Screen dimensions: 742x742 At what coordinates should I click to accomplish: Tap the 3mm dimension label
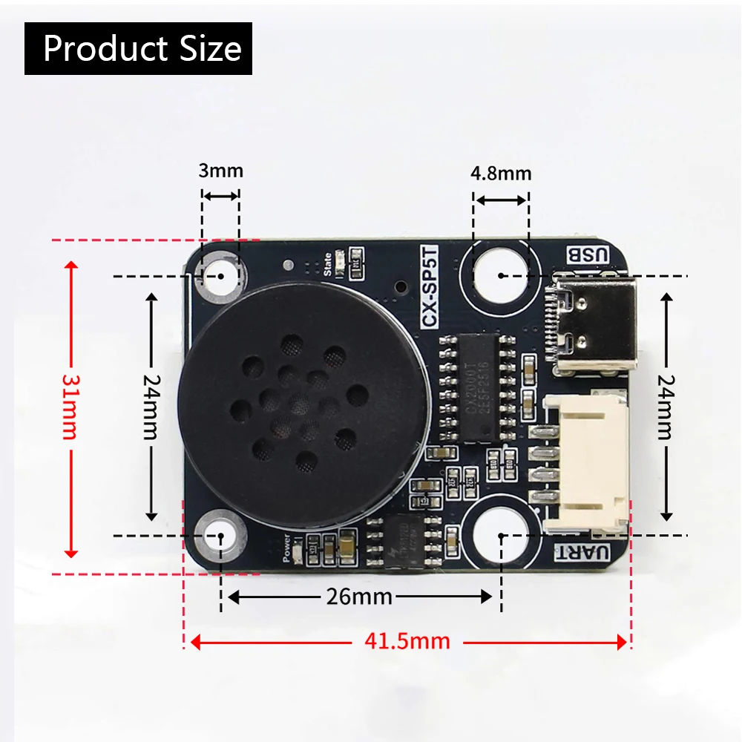click(x=220, y=171)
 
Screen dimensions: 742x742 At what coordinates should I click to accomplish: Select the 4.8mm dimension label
click(x=501, y=174)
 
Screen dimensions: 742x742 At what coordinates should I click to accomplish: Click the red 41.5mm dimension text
click(x=407, y=641)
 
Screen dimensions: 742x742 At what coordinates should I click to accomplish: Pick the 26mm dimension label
click(x=359, y=597)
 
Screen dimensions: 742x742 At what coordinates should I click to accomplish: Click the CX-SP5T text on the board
click(x=429, y=286)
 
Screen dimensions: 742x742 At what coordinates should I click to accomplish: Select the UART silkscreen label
click(x=583, y=553)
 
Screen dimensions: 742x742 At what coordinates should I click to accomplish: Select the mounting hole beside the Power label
click(x=220, y=535)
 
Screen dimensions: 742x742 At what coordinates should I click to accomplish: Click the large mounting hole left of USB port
click(x=502, y=275)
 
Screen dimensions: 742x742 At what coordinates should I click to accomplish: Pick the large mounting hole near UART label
click(x=502, y=534)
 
